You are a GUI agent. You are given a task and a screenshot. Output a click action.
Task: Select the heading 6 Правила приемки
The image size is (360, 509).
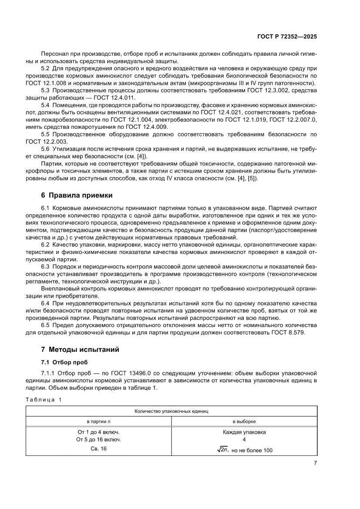click(x=77, y=196)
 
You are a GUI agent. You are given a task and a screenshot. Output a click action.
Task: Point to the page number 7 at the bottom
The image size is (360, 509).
click(x=315, y=463)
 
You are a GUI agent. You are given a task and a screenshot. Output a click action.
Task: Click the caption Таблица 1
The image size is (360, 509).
click(x=44, y=400)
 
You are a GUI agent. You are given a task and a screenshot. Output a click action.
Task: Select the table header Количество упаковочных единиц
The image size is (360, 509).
click(x=172, y=411)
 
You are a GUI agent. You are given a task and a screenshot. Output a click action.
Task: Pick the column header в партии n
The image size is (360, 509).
click(x=98, y=421)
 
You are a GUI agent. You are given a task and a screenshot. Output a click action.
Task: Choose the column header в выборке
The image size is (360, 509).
click(x=244, y=421)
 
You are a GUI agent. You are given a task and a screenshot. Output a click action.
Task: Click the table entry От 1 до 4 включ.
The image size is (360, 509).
click(x=98, y=432)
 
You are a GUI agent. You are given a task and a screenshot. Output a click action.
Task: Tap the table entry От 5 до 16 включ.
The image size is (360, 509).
click(x=98, y=440)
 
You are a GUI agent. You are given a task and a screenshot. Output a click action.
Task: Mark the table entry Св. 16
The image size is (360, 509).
click(x=98, y=449)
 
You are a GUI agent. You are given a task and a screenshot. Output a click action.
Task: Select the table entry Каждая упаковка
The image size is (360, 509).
click(x=244, y=432)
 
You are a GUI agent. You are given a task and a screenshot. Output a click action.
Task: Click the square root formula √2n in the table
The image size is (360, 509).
click(x=222, y=450)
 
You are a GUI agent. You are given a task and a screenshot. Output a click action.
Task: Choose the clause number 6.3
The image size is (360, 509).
click(x=46, y=266)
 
